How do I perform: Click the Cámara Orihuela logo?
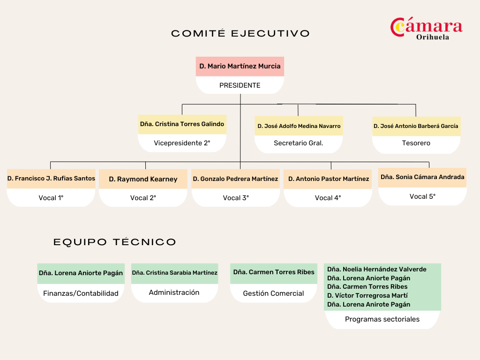426,29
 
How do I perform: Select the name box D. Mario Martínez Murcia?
240,67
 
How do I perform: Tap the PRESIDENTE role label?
240,85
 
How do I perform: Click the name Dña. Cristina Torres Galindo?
182,124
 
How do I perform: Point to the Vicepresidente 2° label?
182,143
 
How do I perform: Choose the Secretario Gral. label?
299,143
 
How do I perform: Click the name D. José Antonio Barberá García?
416,126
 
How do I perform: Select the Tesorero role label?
416,143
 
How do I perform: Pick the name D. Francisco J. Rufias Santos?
51,179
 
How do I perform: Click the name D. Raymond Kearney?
143,179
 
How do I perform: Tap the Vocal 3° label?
236,198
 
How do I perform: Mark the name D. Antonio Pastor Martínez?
329,179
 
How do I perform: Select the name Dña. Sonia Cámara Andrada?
422,177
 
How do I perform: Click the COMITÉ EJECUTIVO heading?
240,33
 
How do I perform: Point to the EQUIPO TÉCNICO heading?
115,242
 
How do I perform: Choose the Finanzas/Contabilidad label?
81,293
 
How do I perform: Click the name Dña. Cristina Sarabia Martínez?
174,273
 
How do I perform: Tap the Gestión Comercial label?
273,293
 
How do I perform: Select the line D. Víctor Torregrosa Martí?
367,295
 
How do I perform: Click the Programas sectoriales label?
382,319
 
